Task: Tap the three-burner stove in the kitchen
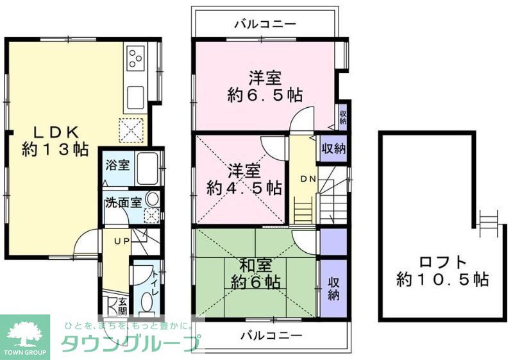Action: click(x=136, y=60)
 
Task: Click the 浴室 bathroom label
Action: click(x=117, y=164)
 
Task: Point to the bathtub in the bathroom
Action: click(x=148, y=169)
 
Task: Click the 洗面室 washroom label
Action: click(x=123, y=203)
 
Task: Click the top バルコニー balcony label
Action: click(x=265, y=24)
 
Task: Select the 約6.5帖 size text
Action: click(x=265, y=96)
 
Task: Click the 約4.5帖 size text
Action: click(x=244, y=188)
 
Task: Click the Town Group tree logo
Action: click(x=24, y=333)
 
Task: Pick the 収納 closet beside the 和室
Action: click(x=333, y=288)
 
